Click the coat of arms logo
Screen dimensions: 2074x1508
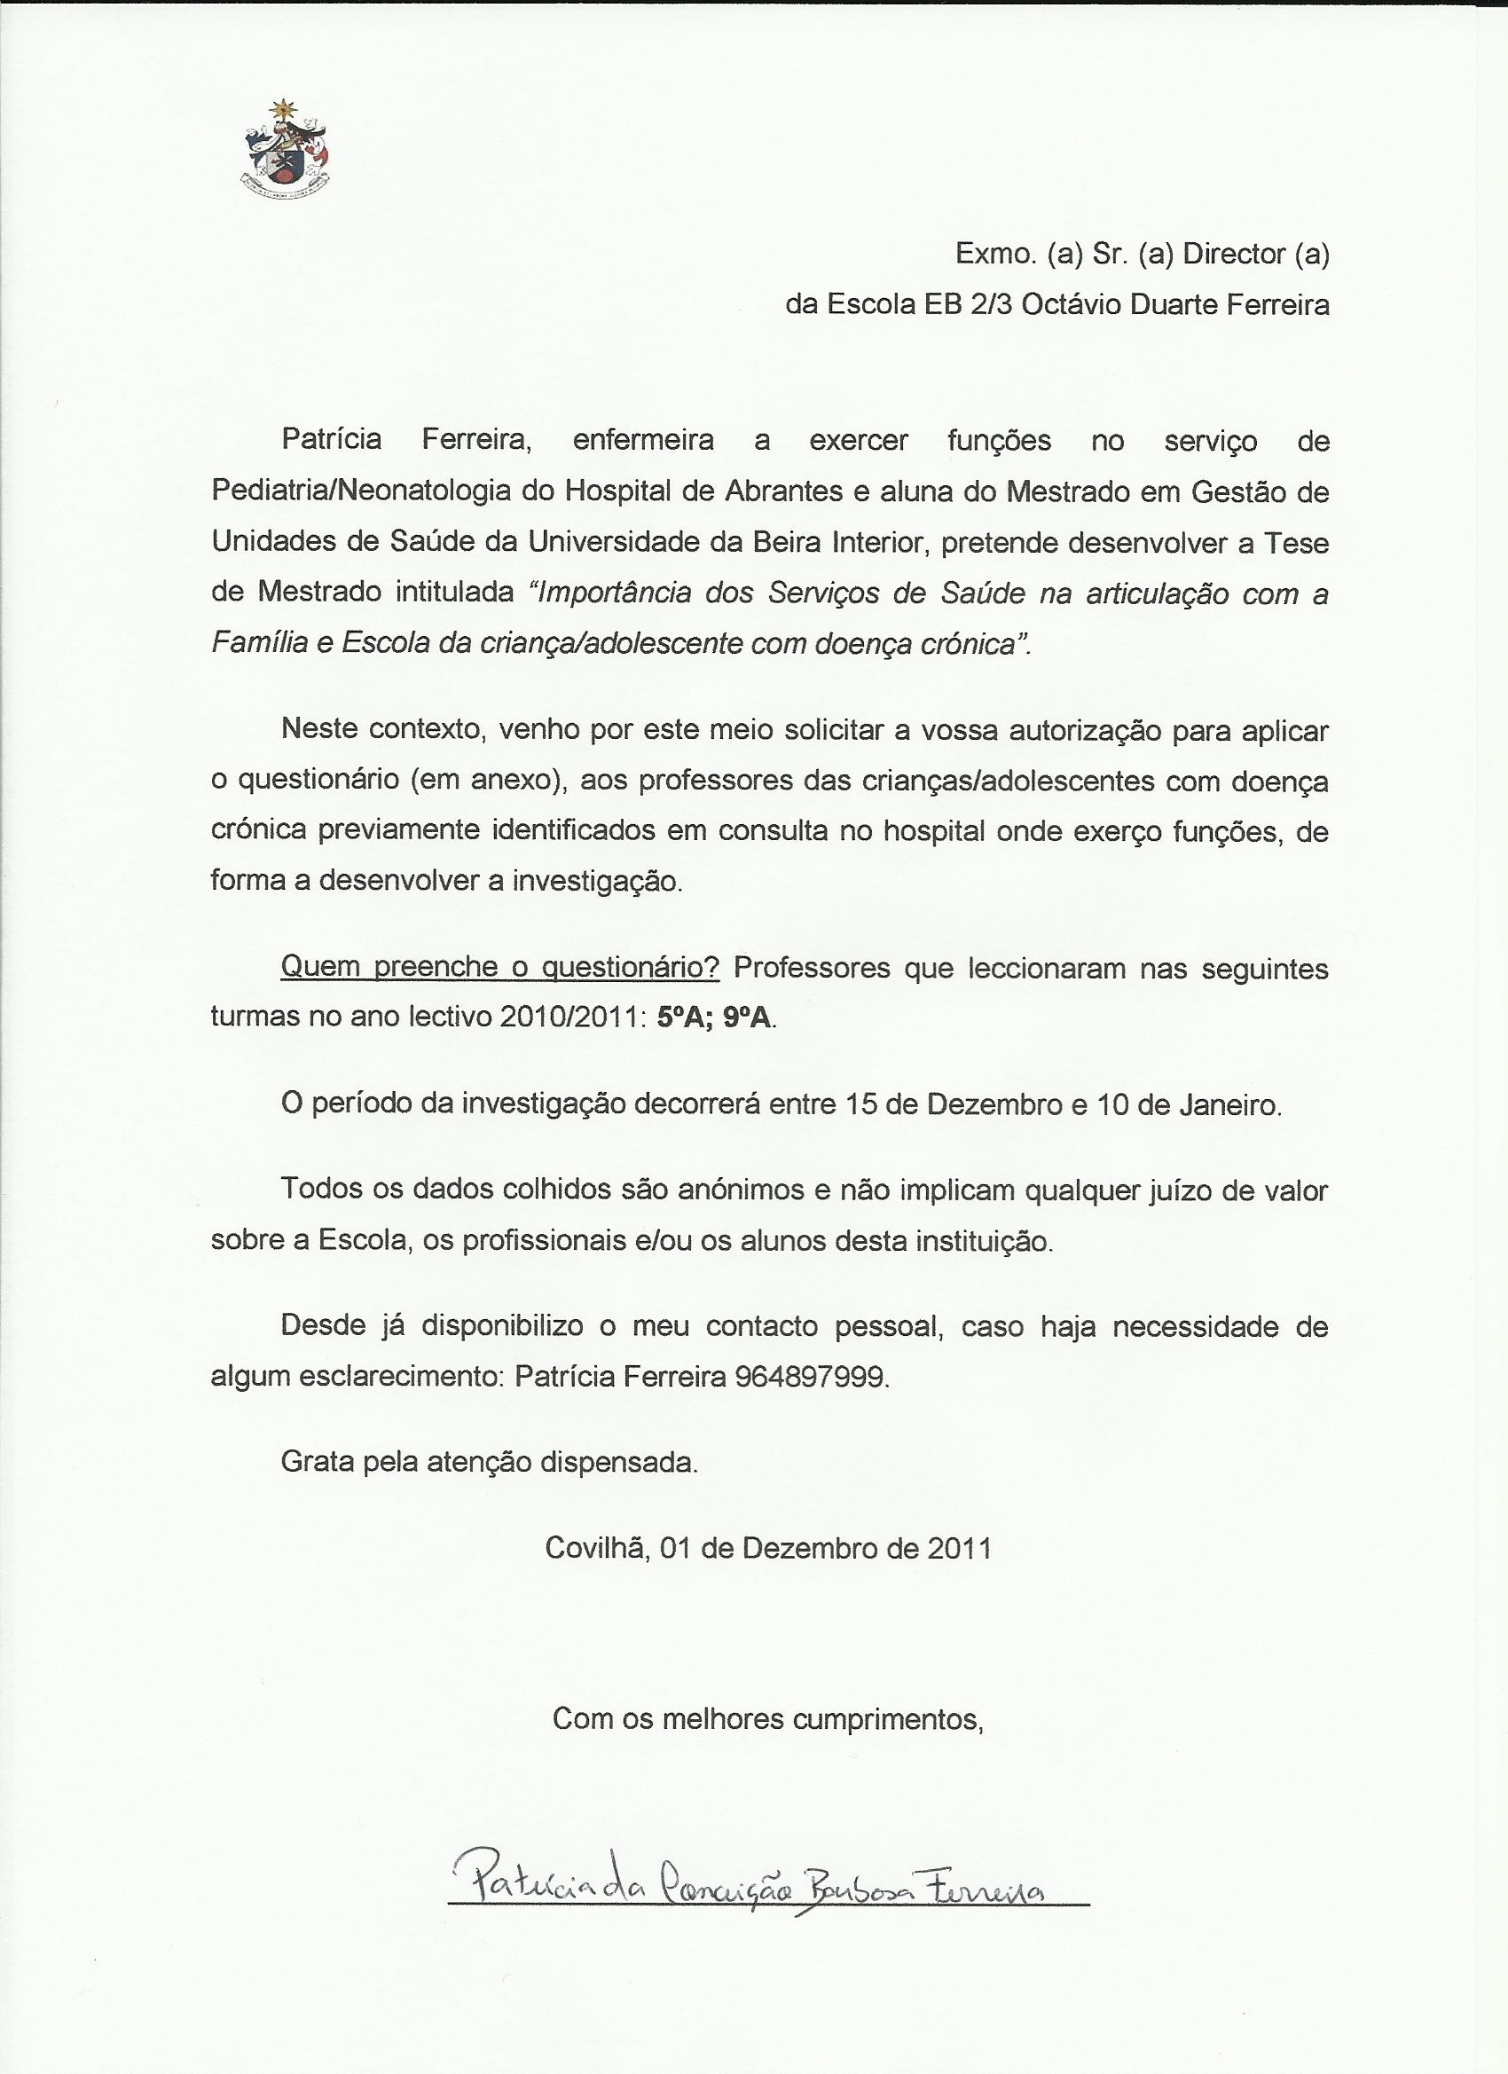click(x=286, y=149)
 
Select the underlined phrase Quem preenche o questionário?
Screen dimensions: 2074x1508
click(x=500, y=969)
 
